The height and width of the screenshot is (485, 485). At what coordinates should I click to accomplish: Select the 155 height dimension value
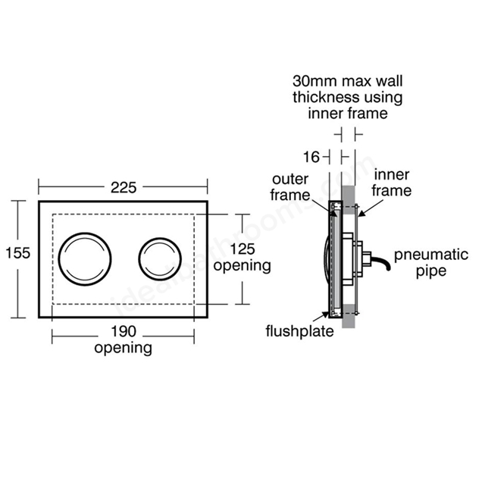pos(17,253)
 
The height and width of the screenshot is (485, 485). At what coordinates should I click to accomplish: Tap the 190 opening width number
pos(123,332)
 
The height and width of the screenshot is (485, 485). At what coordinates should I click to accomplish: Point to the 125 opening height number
pos(242,249)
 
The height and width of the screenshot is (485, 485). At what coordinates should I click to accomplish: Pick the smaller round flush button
pos(160,258)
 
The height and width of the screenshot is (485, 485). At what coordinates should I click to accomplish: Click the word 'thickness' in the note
pos(323,99)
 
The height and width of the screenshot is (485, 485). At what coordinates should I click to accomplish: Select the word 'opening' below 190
pos(123,349)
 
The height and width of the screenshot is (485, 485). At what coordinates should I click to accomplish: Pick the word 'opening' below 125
pos(242,266)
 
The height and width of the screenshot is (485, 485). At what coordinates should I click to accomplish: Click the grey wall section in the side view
pos(349,303)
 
